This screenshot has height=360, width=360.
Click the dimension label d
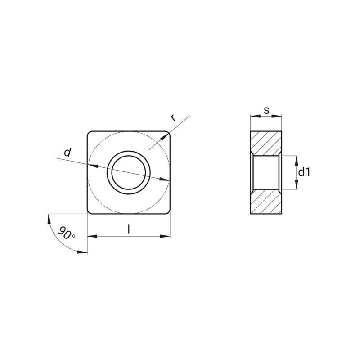pos(67,152)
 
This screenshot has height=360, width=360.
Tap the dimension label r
pos(173,118)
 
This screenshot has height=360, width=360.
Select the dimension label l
pos(129,229)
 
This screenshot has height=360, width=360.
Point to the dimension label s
pos(266,110)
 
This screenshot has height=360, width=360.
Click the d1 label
pos(304,172)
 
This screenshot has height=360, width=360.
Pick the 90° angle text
pos(67,233)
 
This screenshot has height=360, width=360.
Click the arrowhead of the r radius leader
pos(164,137)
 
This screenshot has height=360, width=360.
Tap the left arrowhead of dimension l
pos(93,236)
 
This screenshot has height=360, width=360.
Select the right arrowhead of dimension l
pos(165,236)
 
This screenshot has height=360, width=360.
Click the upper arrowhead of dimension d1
pos(297,161)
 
